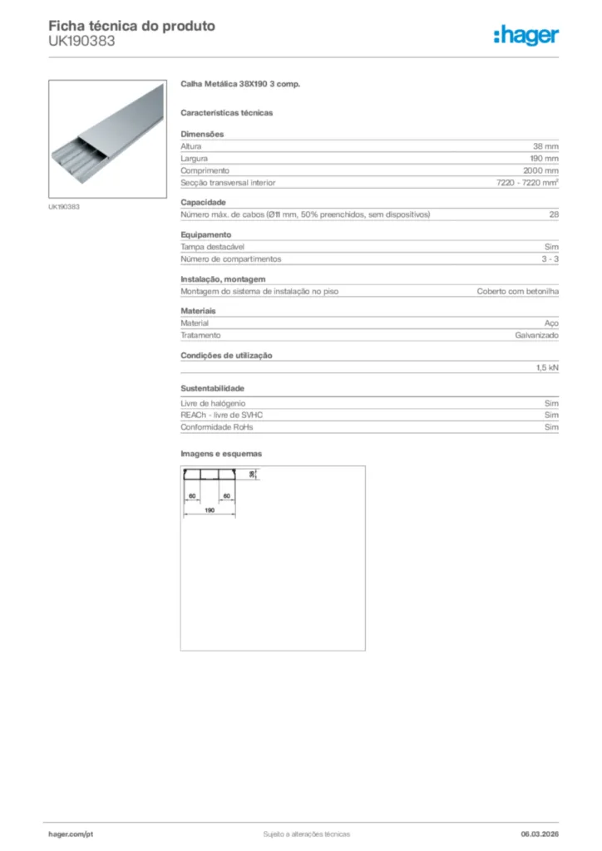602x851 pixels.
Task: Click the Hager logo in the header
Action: pos(526,35)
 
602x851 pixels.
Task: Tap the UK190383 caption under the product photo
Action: pos(63,206)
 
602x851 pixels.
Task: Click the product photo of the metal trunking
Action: pos(106,138)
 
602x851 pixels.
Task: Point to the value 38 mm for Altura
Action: pos(545,146)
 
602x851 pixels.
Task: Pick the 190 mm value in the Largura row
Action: pos(545,158)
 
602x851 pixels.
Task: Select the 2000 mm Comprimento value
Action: pos(542,170)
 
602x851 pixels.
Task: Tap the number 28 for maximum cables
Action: pos(554,214)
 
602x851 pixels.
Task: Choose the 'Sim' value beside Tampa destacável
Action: pos(552,247)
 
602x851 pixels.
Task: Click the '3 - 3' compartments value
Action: pos(550,259)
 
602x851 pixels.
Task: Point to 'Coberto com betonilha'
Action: pos(517,292)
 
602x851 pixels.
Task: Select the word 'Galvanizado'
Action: pos(536,336)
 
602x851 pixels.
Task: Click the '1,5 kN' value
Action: pos(547,367)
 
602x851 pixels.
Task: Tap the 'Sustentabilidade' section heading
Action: pos(212,388)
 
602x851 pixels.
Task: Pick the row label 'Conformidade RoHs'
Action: pos(216,427)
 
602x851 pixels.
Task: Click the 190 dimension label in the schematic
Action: pos(210,510)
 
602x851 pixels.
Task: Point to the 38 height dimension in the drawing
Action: pos(252,474)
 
